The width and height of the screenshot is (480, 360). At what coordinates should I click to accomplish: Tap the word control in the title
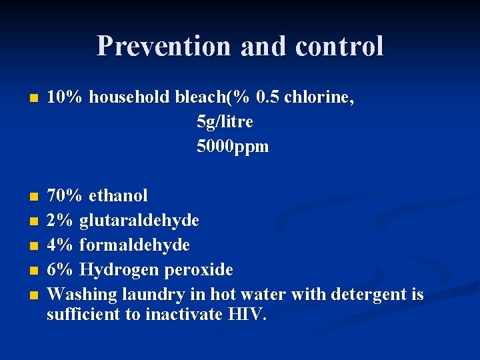339,46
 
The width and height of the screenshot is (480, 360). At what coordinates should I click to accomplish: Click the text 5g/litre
225,123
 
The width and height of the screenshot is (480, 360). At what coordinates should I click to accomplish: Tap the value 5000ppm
233,147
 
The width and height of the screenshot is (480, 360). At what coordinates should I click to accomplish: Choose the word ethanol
118,196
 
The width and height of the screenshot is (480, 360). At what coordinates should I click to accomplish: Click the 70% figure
65,196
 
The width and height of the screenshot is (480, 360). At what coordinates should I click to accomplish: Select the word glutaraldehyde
139,221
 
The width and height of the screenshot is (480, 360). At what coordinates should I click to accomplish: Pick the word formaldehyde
134,245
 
